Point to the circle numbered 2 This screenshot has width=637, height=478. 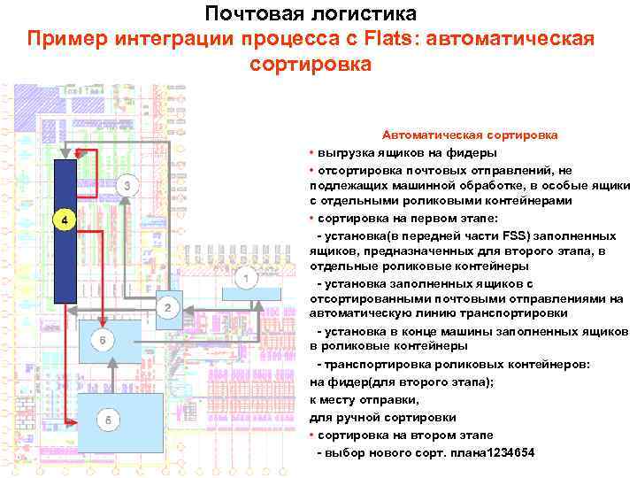168,308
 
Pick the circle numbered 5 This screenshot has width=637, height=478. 107,420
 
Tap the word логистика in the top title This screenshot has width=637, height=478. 368,14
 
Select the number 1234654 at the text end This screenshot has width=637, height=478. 502,452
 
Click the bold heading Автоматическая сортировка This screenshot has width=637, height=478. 469,135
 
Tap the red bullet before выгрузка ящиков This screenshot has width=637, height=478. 312,151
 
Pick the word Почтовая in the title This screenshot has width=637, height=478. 253,14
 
